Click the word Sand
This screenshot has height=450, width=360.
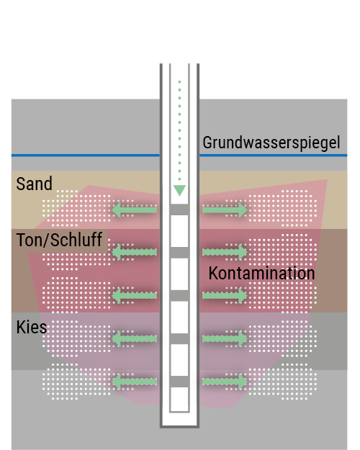(x=34, y=184)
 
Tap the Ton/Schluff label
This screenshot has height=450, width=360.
(x=59, y=240)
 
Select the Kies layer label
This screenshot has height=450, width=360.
(x=31, y=327)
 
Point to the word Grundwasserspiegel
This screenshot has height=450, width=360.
(x=271, y=143)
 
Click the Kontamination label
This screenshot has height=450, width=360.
(x=261, y=273)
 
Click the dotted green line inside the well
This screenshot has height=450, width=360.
(x=179, y=130)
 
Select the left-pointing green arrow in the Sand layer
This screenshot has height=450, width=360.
(x=134, y=210)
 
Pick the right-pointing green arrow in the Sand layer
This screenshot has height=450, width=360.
(x=225, y=210)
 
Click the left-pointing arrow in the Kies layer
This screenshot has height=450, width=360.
(x=134, y=338)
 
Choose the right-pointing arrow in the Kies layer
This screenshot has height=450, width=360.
(x=225, y=338)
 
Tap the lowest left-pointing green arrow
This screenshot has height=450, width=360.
(x=134, y=382)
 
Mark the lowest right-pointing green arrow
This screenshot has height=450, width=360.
(x=225, y=382)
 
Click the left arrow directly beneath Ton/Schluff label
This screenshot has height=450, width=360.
(x=134, y=252)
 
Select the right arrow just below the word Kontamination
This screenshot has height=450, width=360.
(x=225, y=296)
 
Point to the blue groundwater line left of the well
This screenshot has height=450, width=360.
(x=86, y=156)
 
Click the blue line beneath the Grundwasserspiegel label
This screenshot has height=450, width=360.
(x=274, y=156)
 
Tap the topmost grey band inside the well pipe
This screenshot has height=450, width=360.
(x=179, y=210)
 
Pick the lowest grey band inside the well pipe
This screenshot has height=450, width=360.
(x=179, y=382)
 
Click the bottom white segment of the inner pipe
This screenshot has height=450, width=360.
(x=179, y=399)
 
